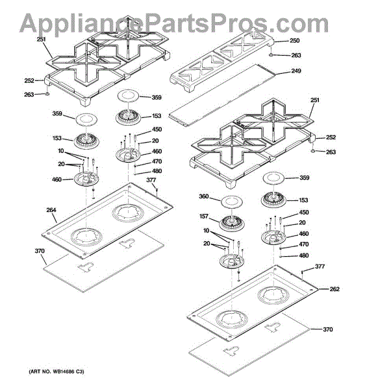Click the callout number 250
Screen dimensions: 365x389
pyautogui.click(x=295, y=40)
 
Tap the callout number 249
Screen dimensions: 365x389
pyautogui.click(x=296, y=71)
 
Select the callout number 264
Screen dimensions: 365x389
pyautogui.click(x=51, y=210)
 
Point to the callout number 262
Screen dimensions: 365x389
pyautogui.click(x=334, y=289)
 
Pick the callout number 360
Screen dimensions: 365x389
pyautogui.click(x=204, y=196)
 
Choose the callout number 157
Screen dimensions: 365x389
pyautogui.click(x=204, y=217)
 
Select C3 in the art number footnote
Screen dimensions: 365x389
pyautogui.click(x=80, y=371)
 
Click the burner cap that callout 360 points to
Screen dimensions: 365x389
pyautogui.click(x=232, y=202)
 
